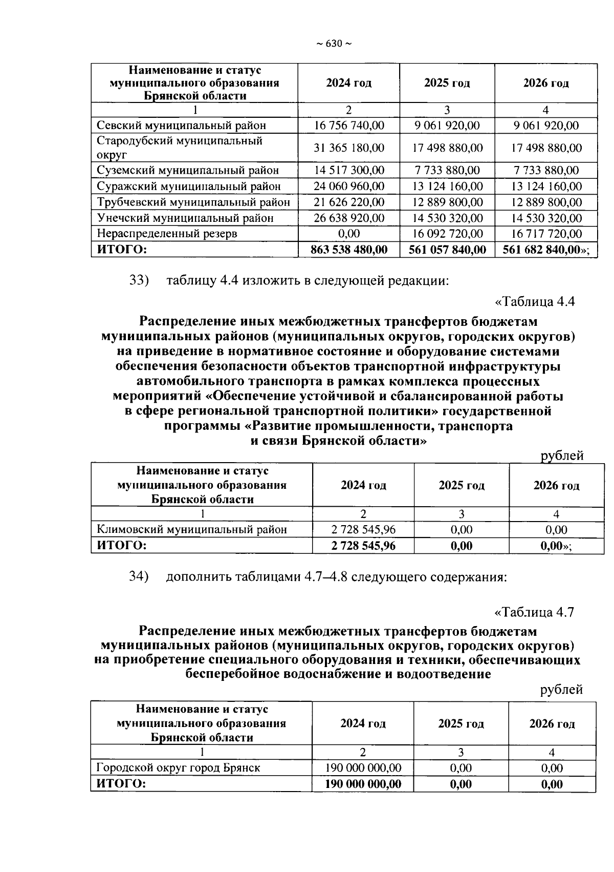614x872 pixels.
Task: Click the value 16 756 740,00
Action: coord(349,126)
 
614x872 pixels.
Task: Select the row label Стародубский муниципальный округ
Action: coord(180,148)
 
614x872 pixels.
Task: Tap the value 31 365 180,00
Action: coord(349,148)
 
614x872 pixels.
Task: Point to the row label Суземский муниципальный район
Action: coord(188,170)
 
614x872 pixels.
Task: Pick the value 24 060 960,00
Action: coord(349,186)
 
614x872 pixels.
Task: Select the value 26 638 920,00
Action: coord(349,218)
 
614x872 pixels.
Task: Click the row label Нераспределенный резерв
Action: coord(167,234)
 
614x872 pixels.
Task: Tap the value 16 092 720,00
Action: coord(448,234)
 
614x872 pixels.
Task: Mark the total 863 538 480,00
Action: coord(349,250)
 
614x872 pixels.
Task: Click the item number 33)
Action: coord(139,281)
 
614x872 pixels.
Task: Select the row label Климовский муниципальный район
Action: coord(192,530)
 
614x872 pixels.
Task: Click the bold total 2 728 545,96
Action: coord(363,546)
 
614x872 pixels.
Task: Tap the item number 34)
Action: coord(139,577)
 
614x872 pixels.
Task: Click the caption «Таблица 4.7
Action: coord(535,612)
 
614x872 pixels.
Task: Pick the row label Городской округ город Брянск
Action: coord(179,768)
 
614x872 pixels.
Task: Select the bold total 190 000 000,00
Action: coord(363,784)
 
